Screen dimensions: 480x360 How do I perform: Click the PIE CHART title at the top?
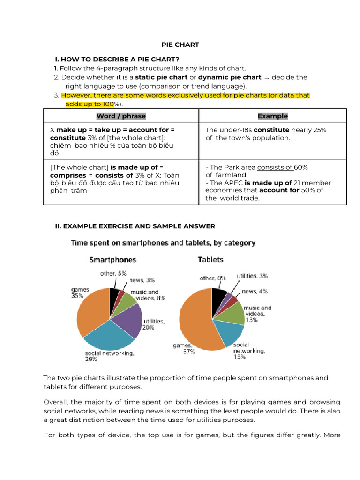point(180,45)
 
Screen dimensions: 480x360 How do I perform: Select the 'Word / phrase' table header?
point(121,116)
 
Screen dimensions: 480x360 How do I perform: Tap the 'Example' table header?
point(273,116)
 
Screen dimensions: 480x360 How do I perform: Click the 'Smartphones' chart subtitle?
point(113,259)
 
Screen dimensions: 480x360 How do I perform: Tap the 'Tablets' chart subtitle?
point(211,259)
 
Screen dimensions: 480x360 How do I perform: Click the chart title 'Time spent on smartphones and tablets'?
point(163,243)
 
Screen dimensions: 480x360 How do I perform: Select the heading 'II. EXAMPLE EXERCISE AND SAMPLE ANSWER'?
point(135,226)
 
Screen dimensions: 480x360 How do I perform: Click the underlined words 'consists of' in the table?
point(275,167)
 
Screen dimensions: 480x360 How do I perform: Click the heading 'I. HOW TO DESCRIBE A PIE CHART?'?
point(117,59)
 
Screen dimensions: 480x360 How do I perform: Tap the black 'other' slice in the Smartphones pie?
point(114,295)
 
